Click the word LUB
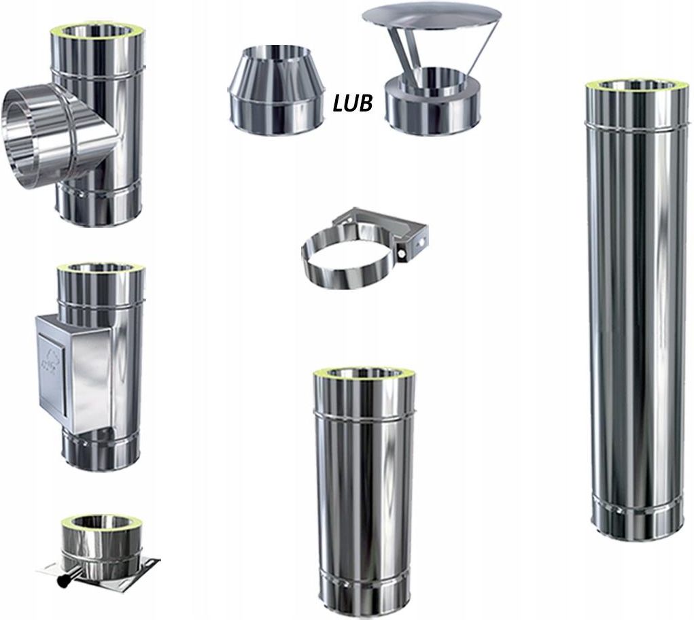(x=352, y=103)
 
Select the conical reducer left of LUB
(x=276, y=84)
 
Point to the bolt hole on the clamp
(x=400, y=254)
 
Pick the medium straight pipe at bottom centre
(x=363, y=489)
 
